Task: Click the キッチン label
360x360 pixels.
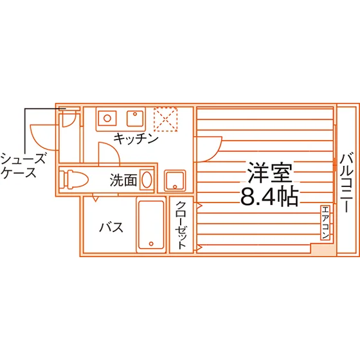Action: pyautogui.click(x=136, y=138)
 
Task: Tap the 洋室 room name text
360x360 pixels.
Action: pyautogui.click(x=270, y=173)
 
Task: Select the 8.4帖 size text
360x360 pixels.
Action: pyautogui.click(x=269, y=197)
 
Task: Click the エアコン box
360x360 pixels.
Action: pyautogui.click(x=325, y=222)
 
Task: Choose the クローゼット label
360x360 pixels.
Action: pyautogui.click(x=181, y=225)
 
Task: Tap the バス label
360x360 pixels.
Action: pyautogui.click(x=111, y=228)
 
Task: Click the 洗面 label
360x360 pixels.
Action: pyautogui.click(x=123, y=180)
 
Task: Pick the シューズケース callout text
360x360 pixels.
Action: pyautogui.click(x=22, y=166)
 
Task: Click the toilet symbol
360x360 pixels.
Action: pyautogui.click(x=73, y=180)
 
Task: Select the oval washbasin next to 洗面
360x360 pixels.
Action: pyautogui.click(x=147, y=180)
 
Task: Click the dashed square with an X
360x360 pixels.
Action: pyautogui.click(x=166, y=120)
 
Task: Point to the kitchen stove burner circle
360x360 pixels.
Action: pyautogui.click(x=107, y=118)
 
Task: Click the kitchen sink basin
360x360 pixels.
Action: pyautogui.click(x=135, y=118)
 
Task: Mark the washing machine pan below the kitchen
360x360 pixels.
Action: pyautogui.click(x=175, y=181)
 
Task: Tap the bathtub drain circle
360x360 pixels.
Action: pyautogui.click(x=151, y=244)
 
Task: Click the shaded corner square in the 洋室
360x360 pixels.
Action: pyautogui.click(x=322, y=248)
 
